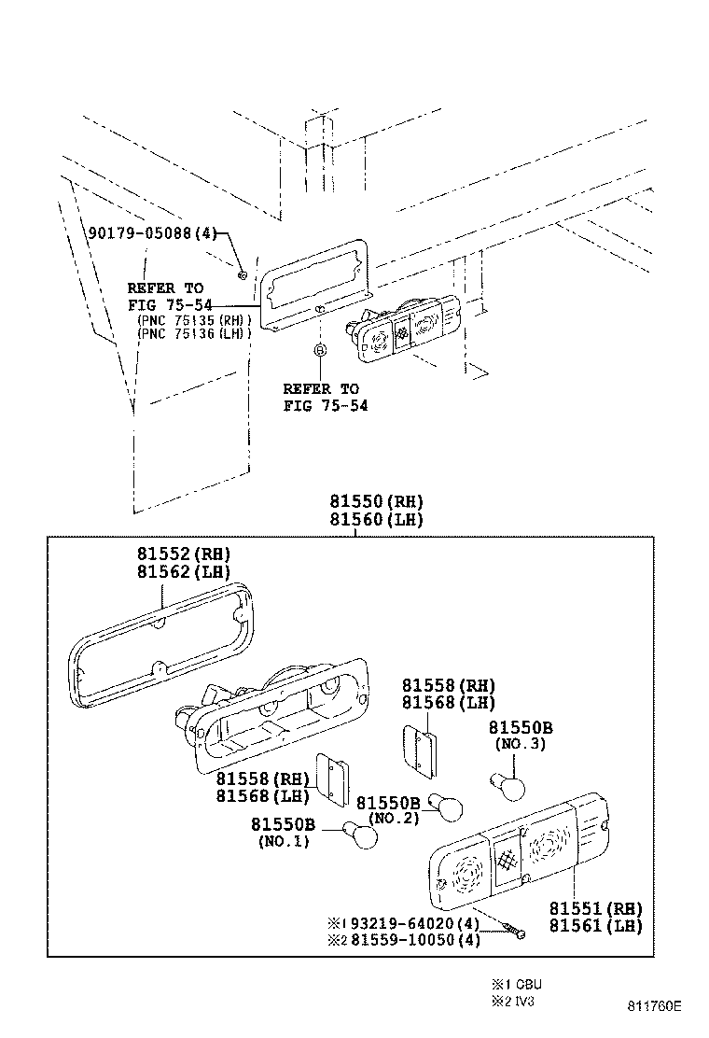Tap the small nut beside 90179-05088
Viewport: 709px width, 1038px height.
click(x=242, y=274)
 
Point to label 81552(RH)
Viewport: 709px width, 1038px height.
click(x=184, y=554)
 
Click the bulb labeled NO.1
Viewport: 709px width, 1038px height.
click(x=361, y=833)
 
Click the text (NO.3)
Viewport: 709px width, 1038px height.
click(x=519, y=744)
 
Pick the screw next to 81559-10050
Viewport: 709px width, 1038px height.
click(x=511, y=930)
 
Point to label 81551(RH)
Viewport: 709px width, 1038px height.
click(x=595, y=908)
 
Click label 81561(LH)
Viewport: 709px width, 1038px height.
click(x=595, y=926)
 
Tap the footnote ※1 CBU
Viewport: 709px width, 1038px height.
click(x=516, y=984)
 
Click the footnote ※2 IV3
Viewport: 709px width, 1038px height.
click(x=513, y=1002)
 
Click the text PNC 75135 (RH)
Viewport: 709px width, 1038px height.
click(x=194, y=319)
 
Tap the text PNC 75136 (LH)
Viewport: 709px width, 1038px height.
click(x=194, y=332)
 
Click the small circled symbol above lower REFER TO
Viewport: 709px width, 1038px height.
click(x=320, y=349)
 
